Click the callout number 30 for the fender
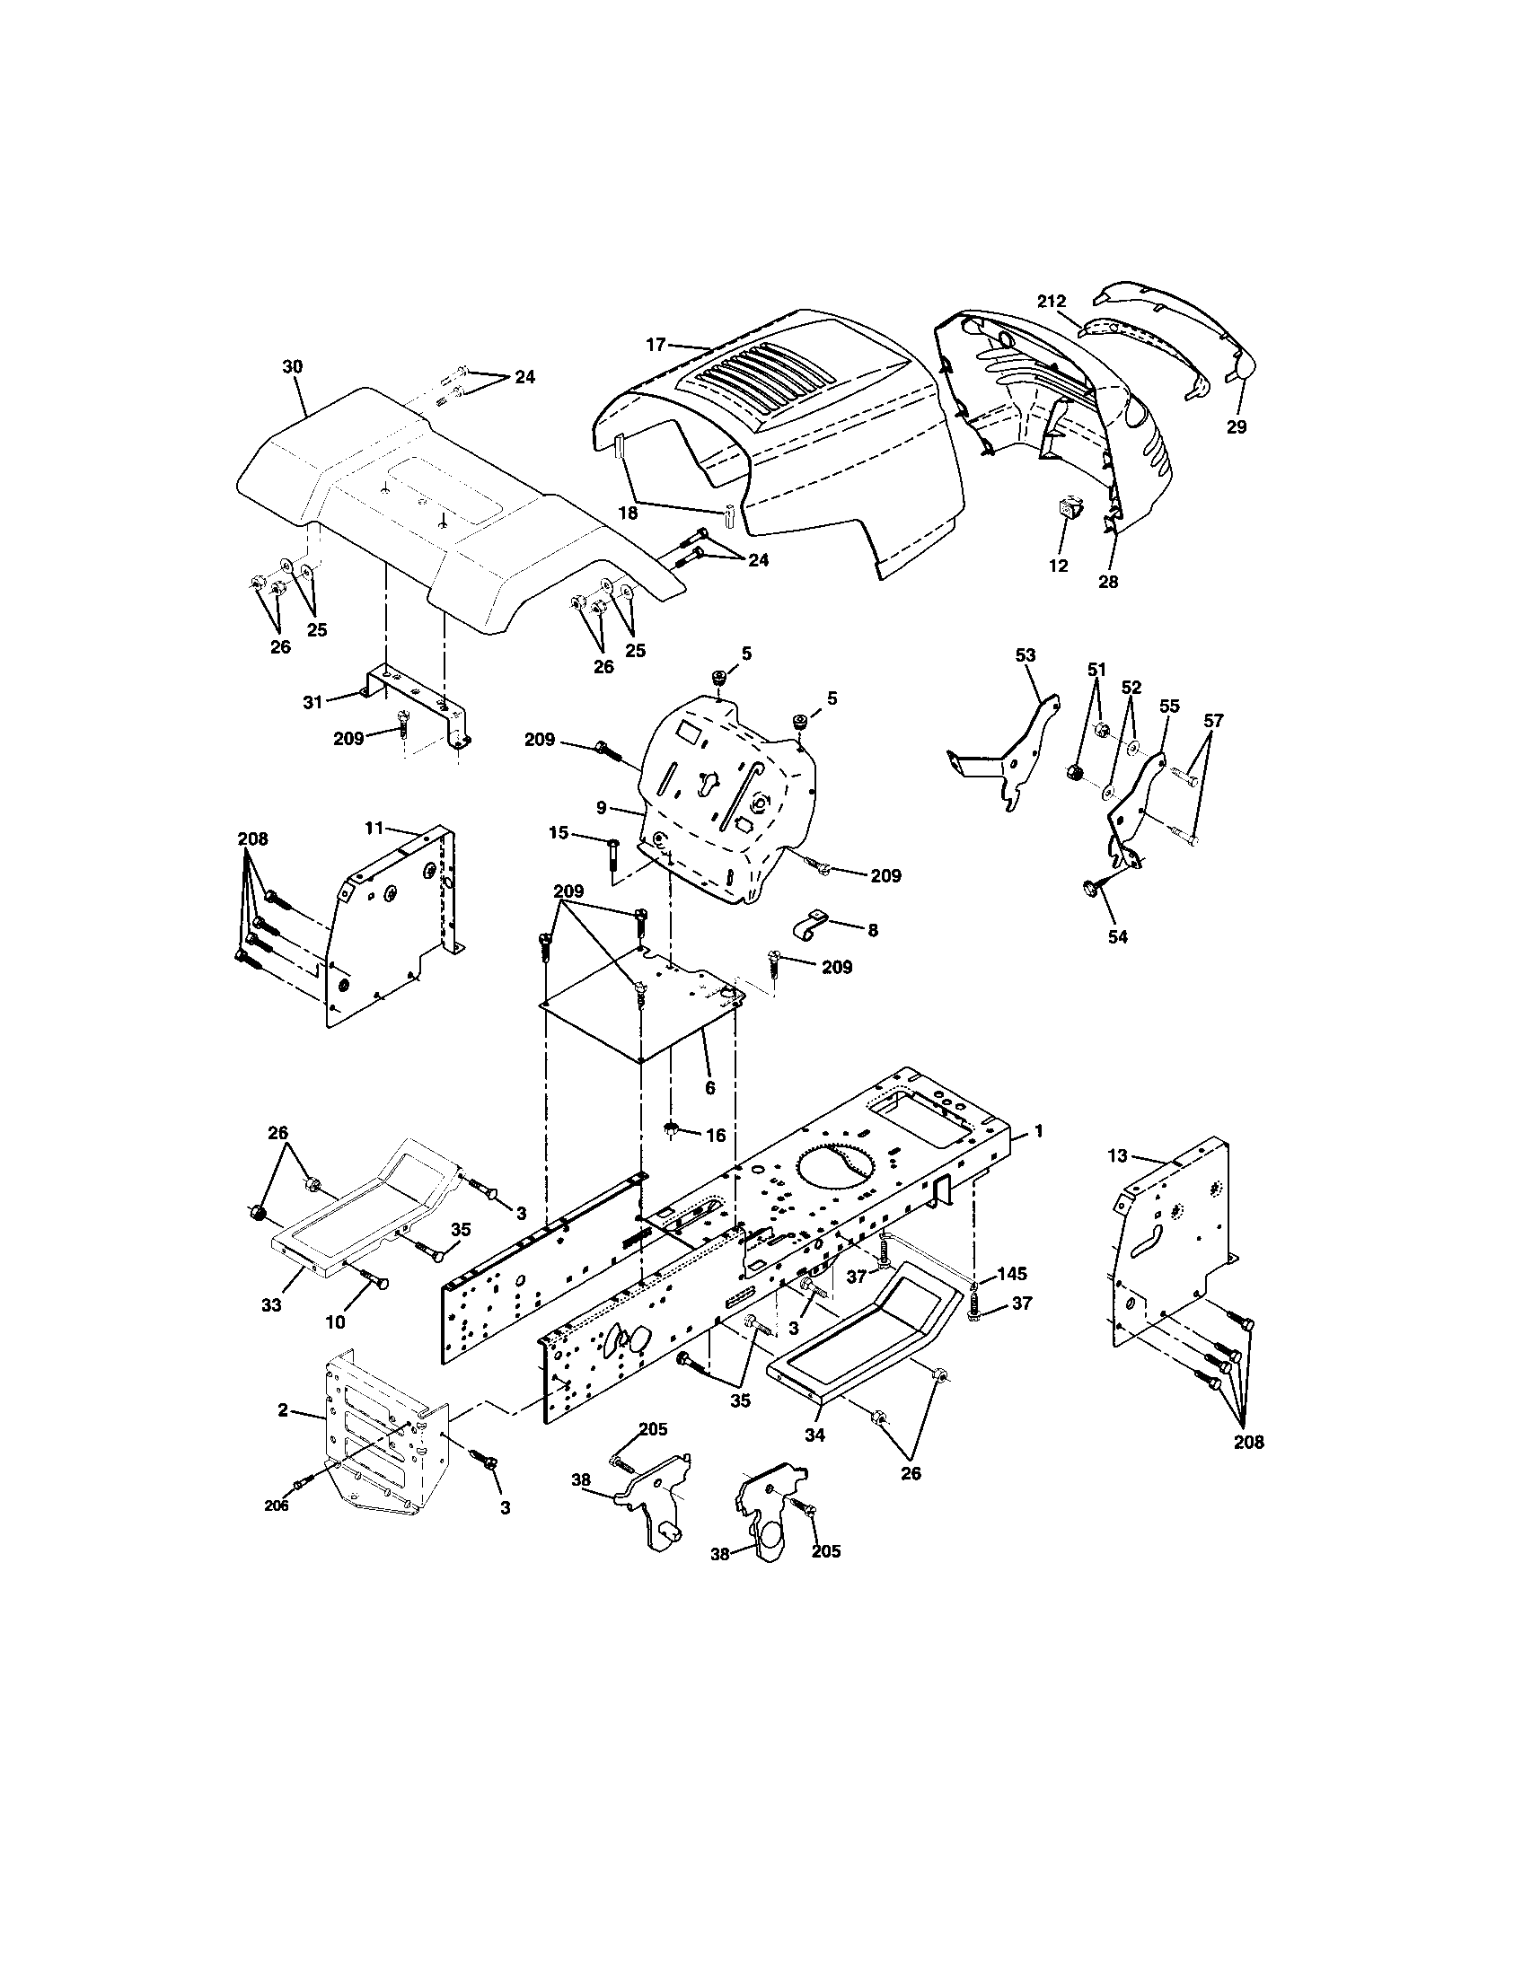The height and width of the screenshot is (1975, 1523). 292,366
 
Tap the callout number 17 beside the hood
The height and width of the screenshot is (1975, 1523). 656,345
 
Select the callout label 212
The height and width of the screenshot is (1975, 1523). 1052,301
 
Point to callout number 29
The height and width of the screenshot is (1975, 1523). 1237,426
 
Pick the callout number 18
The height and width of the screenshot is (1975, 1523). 628,513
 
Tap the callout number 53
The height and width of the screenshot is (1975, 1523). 1026,654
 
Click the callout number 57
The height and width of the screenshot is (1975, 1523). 1213,721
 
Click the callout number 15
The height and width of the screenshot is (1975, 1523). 559,833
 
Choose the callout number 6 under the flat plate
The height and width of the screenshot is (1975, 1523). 709,1088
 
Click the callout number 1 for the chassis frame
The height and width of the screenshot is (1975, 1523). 1039,1130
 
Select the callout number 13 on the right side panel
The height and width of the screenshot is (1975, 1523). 1118,1154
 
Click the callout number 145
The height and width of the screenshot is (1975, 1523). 1012,1273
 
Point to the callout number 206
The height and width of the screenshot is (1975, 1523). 277,1505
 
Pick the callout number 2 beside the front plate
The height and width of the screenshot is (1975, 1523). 283,1409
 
